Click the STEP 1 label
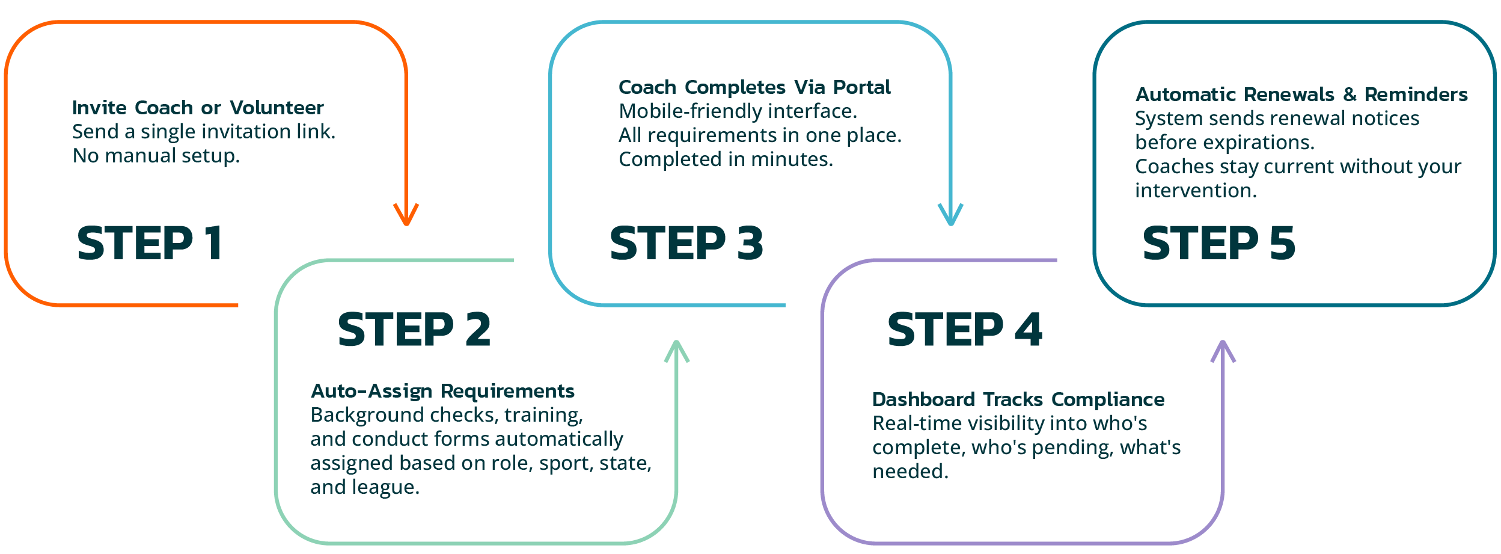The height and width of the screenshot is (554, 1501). point(150,243)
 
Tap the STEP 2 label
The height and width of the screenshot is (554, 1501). point(414,330)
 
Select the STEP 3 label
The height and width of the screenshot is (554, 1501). point(686,243)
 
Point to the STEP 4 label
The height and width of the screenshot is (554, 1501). point(965,330)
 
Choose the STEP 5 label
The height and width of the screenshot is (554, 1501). point(1218,243)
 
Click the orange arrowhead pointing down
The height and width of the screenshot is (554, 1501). point(406,215)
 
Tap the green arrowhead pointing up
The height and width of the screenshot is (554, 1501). point(677,351)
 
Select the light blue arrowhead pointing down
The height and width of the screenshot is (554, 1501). point(950,215)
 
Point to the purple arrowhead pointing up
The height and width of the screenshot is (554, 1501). point(1223,351)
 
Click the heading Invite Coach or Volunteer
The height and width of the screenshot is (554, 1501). point(198,108)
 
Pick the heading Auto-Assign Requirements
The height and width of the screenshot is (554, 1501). point(442,391)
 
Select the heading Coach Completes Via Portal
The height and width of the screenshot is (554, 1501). point(754,87)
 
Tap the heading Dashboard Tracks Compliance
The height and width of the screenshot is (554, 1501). point(1018,399)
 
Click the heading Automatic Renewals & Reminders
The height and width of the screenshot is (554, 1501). point(1301,94)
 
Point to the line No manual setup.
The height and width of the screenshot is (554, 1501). point(156,156)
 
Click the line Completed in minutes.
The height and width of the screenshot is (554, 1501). point(726,159)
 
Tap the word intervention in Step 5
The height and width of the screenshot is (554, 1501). point(1195,191)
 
